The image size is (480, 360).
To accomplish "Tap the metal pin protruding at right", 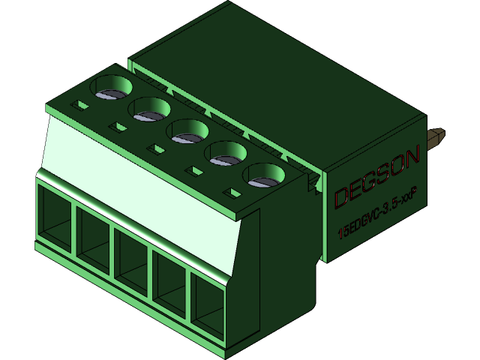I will click(x=436, y=137).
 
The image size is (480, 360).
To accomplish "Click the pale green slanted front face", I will click(x=142, y=172).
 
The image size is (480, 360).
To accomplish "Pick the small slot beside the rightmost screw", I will click(x=235, y=194).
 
